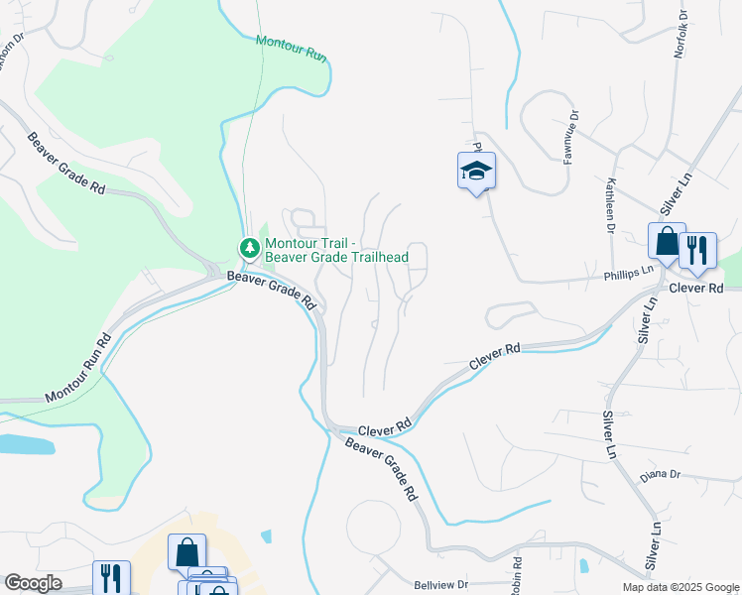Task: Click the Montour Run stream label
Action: point(291,49)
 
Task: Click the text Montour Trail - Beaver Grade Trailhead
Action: point(336,248)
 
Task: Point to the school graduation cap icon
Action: point(476,171)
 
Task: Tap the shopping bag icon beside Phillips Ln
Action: point(667,241)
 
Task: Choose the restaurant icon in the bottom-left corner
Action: point(111,577)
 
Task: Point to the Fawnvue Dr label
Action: point(570,129)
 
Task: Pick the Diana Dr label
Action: point(660,474)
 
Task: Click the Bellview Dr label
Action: point(440,586)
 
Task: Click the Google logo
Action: point(33,583)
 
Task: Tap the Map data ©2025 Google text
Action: point(680,587)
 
